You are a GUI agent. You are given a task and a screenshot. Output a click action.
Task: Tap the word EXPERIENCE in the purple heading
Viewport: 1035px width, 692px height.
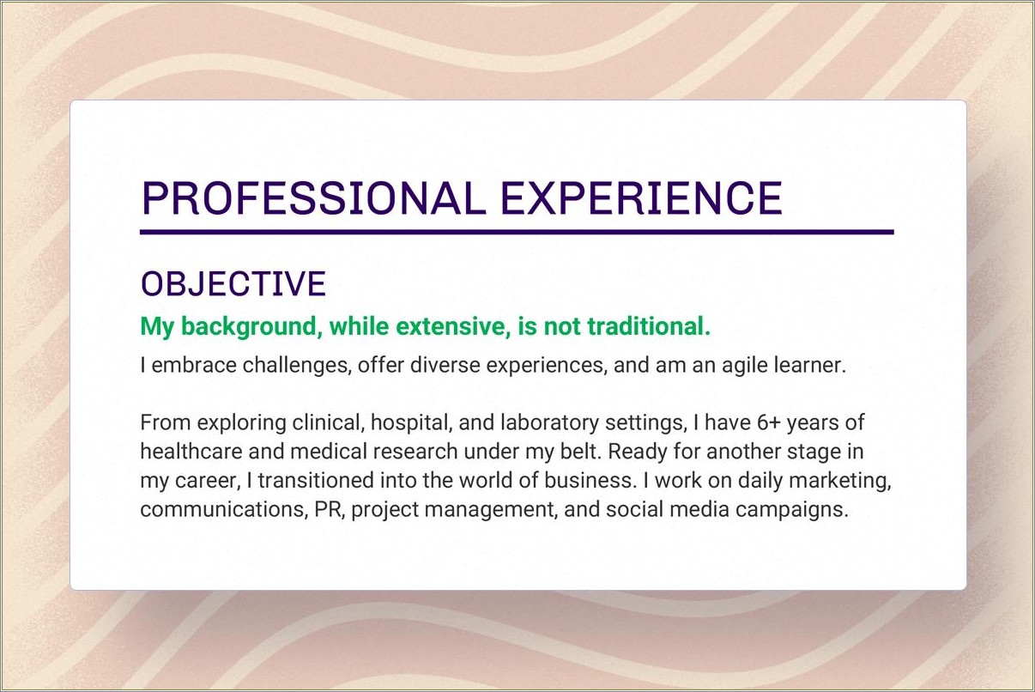[641, 198]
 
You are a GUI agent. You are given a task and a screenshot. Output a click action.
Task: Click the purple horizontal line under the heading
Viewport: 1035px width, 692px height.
[517, 232]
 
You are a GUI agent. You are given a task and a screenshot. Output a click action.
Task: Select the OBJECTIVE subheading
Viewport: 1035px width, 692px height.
[233, 284]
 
